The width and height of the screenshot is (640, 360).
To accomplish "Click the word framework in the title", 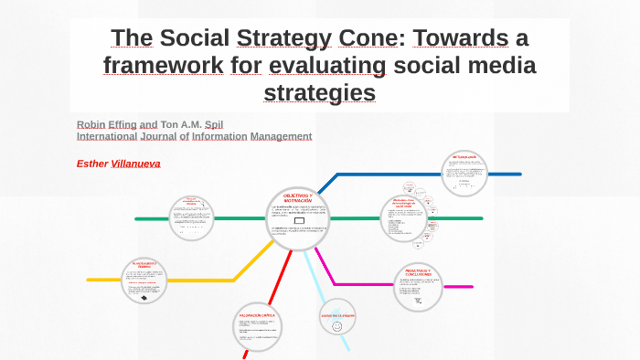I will tap(163, 66).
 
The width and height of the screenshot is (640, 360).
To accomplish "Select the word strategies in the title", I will tap(319, 93).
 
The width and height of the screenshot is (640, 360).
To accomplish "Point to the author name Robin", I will tap(91, 123).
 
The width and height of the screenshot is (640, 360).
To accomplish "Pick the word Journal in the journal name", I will tap(157, 136).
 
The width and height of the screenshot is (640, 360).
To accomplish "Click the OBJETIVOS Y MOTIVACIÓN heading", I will tap(298, 198).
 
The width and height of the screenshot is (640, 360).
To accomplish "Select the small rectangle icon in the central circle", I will tap(299, 220).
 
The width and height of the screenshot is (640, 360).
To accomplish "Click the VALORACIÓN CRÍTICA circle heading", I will tap(255, 315).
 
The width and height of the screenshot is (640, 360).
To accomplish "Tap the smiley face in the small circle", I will tap(337, 325).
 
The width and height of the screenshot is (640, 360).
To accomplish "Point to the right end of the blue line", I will tap(519, 174).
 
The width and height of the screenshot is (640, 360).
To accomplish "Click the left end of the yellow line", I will tap(89, 279).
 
